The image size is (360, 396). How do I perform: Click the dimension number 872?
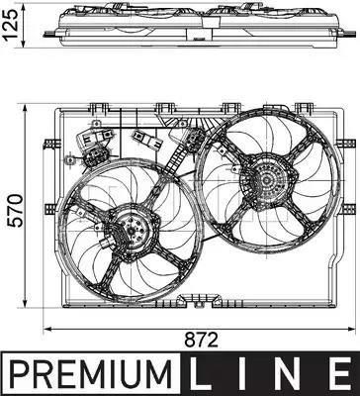click(202, 340)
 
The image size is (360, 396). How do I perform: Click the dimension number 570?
click(16, 211)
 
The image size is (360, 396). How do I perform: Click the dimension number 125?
click(10, 25)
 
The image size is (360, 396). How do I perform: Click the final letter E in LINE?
click(339, 373)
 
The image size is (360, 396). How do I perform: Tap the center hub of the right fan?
click(266, 180)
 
